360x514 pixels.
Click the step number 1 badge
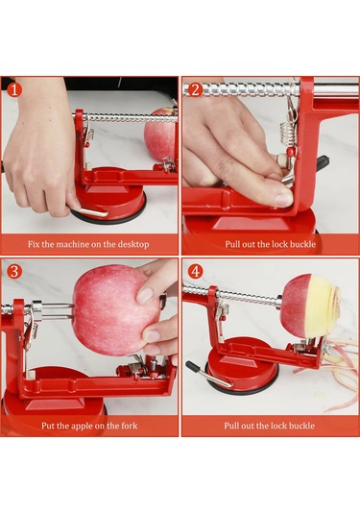(x=13, y=89)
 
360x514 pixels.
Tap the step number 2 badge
(x=195, y=89)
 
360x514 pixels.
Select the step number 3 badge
(x=13, y=272)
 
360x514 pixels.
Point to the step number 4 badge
(x=195, y=272)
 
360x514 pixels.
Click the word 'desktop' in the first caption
(x=133, y=244)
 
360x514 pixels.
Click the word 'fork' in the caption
(x=129, y=426)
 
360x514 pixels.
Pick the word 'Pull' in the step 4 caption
(x=231, y=426)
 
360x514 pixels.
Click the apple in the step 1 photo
(x=160, y=135)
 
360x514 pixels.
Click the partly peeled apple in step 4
(x=309, y=306)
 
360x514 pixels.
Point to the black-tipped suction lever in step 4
(x=206, y=374)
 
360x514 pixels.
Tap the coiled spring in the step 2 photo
(x=285, y=134)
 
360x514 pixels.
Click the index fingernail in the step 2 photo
(x=283, y=199)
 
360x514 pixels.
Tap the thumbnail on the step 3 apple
(x=145, y=295)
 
